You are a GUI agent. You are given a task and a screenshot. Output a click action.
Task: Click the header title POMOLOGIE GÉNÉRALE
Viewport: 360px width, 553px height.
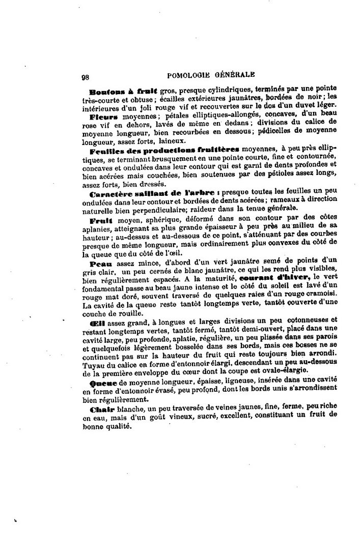point(211,75)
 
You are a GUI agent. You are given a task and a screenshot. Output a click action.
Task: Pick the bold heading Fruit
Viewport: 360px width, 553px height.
point(100,221)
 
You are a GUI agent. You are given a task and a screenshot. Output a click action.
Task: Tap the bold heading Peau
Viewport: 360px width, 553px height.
point(100,264)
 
